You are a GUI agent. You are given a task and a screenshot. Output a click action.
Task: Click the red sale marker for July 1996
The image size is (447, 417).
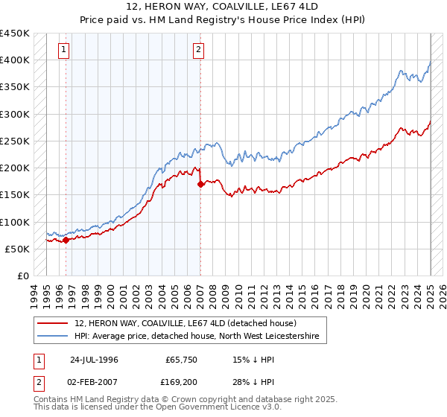[66, 240]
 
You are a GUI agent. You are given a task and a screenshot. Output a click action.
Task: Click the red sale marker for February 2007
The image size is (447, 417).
[200, 185]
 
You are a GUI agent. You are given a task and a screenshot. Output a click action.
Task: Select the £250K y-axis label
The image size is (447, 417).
[15, 141]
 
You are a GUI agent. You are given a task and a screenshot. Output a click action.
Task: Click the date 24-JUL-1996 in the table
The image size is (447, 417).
[93, 359]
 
